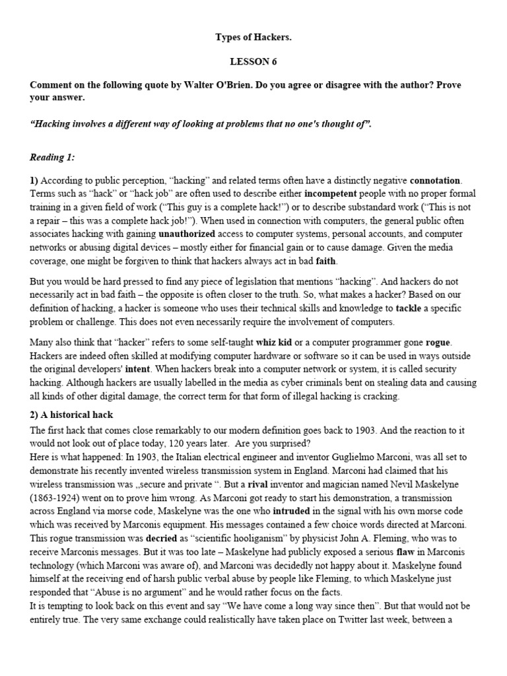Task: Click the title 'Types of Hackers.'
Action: pos(253,38)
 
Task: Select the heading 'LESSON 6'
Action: pos(253,62)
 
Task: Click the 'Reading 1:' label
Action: pos(53,157)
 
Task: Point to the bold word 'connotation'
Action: pos(436,180)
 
